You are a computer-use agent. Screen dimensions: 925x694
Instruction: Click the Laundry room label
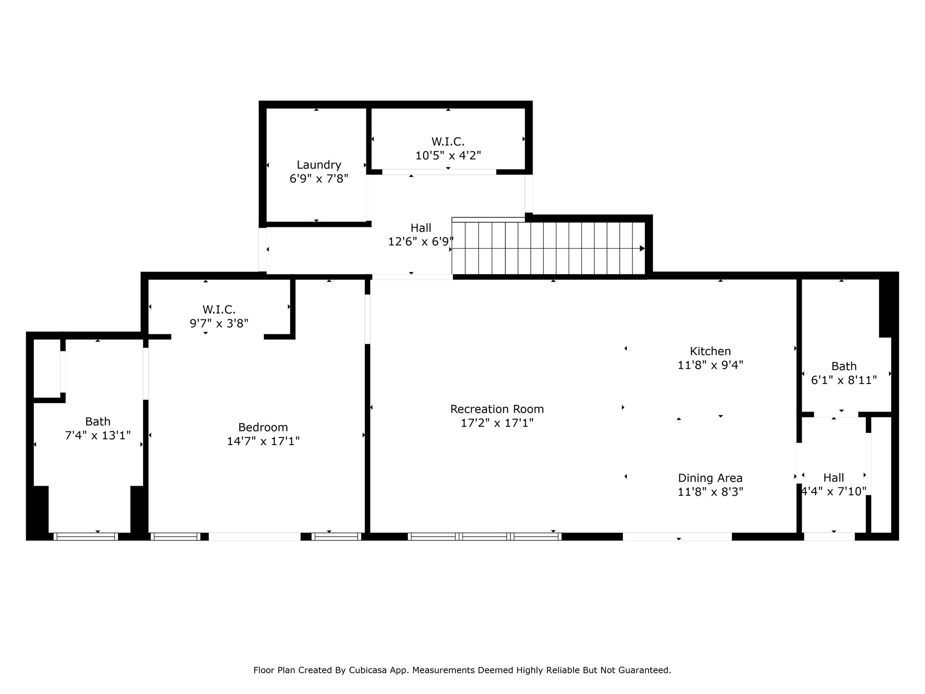coord(319,165)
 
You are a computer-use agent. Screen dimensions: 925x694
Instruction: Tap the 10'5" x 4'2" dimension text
coord(448,155)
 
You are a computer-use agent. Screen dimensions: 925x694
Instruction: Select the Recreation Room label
coord(497,409)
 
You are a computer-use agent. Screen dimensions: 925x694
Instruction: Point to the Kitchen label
coord(710,351)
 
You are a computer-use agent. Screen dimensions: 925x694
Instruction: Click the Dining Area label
coord(710,478)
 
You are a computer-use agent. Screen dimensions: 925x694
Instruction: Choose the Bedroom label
coord(263,427)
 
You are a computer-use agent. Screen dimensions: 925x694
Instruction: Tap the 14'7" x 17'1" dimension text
coord(263,441)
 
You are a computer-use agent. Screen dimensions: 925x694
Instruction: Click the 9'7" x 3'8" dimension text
coord(219,324)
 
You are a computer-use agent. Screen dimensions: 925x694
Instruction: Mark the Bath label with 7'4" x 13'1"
coord(98,422)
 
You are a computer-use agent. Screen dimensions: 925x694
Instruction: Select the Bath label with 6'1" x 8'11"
coord(844,366)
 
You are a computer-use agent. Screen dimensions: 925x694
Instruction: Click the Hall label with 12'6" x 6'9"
coord(421,228)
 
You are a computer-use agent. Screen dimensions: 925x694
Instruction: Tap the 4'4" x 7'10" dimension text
coord(834,491)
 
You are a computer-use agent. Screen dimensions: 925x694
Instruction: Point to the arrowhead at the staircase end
coord(642,249)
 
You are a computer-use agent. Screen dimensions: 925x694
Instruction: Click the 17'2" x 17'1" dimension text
coord(497,423)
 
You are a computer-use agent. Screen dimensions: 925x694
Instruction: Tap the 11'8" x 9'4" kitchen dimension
coord(710,365)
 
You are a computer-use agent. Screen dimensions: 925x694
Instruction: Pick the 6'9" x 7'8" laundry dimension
coord(319,179)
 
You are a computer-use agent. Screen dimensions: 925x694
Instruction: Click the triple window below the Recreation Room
coord(485,537)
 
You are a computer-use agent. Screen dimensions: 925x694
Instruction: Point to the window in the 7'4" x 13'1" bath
coord(86,537)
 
